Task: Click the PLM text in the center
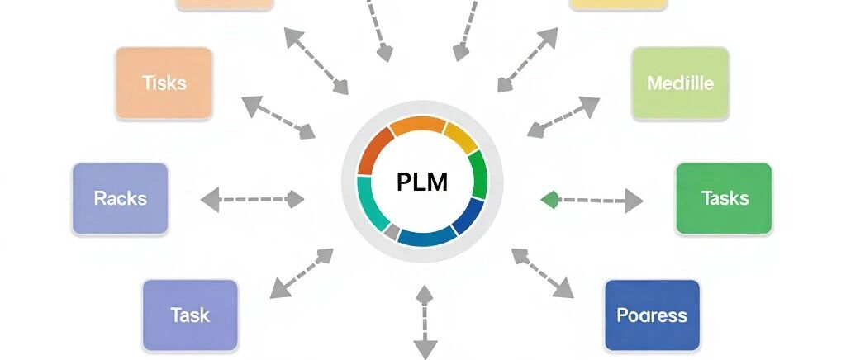422,182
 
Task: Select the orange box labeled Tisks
164,83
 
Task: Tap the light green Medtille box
681,83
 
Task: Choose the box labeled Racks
121,198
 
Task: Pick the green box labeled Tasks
724,198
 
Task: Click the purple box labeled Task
190,315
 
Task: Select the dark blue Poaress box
653,315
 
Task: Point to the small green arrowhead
549,199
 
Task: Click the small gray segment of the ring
392,231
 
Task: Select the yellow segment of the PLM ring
460,137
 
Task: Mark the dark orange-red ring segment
373,149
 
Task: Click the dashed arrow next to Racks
253,199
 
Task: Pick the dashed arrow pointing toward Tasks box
592,200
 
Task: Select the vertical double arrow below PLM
425,322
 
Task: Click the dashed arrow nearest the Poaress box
542,273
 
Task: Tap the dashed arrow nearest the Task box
302,273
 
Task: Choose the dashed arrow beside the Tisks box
278,117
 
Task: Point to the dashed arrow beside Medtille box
563,117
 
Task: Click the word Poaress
652,315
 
